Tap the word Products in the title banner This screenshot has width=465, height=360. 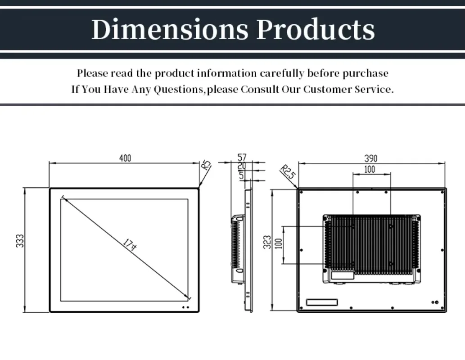pyautogui.click(x=316, y=29)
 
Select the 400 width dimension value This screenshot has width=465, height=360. pyautogui.click(x=125, y=158)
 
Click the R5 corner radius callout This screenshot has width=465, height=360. pyautogui.click(x=206, y=164)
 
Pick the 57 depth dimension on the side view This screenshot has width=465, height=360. pyautogui.click(x=242, y=157)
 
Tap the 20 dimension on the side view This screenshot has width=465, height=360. pyautogui.click(x=242, y=166)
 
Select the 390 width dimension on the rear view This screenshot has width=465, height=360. pyautogui.click(x=371, y=158)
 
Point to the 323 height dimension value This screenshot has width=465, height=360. pyautogui.click(x=267, y=243)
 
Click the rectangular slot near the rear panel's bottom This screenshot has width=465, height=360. pyautogui.click(x=321, y=302)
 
